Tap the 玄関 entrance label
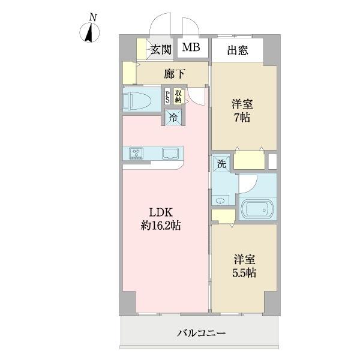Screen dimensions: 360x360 tap(160, 49)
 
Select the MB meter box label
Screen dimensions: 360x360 tap(192, 49)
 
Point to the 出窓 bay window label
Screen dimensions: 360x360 tap(238, 51)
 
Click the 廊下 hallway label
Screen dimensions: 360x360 tap(175, 74)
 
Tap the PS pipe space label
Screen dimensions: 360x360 tap(167, 97)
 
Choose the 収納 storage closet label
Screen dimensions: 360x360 tap(178, 95)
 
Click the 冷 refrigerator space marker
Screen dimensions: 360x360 tap(173, 118)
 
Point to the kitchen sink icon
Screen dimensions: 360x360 tap(169, 152)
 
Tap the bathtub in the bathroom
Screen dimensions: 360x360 tap(257, 209)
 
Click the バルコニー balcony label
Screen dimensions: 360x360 tap(202, 332)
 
